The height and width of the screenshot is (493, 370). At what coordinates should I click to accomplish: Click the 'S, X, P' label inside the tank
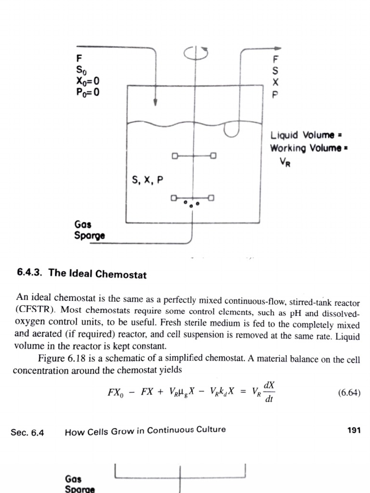coord(147,181)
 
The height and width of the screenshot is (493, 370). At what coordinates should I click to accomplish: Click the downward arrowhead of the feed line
coord(155,102)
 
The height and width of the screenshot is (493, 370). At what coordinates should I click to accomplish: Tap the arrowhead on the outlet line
coord(278,48)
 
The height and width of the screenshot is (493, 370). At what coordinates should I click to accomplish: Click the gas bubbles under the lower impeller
coord(191,204)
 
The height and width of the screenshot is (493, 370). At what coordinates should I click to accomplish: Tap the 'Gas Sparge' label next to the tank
coord(90,230)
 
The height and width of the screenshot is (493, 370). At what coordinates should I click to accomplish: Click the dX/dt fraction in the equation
coord(270,392)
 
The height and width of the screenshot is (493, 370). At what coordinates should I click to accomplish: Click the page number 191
coord(354,430)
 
